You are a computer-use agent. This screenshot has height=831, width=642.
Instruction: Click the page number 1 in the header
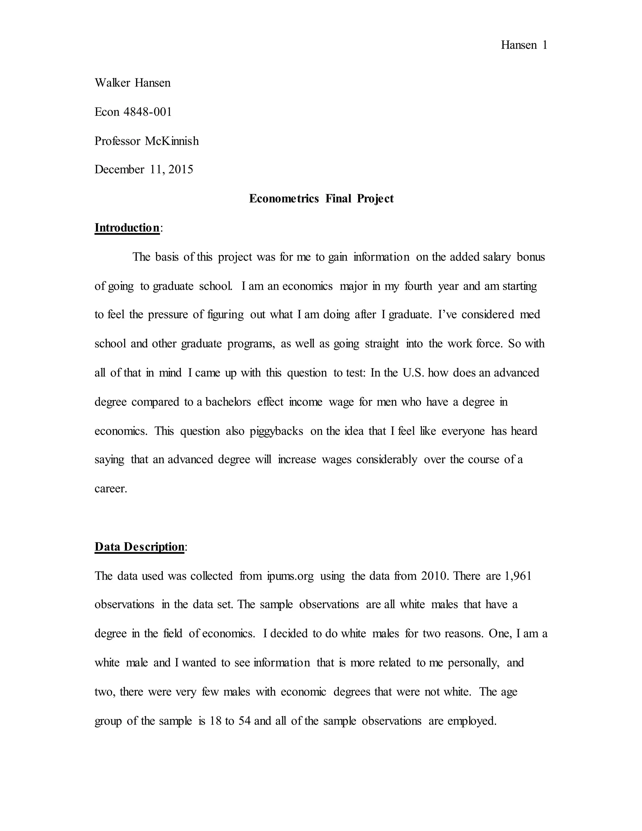(545, 45)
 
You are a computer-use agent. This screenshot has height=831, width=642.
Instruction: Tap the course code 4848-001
(148, 112)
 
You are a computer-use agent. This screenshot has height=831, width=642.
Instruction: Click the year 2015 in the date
(181, 169)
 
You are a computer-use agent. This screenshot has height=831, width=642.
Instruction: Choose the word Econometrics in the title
(284, 198)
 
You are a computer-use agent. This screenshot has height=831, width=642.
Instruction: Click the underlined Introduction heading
(127, 228)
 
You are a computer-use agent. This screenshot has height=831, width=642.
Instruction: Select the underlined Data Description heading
(139, 547)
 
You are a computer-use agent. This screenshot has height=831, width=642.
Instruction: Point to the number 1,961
(518, 576)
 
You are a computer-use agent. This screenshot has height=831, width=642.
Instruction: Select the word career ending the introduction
(110, 489)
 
